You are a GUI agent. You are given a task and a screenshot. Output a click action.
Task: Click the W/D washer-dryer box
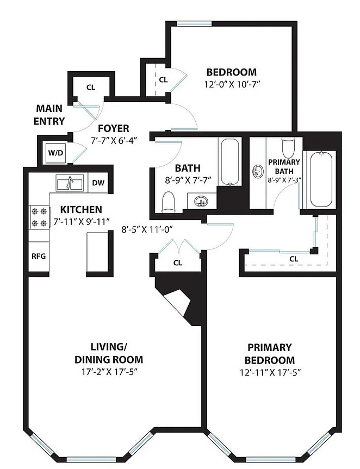coord(55,153)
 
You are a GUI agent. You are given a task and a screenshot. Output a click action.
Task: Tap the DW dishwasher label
coord(98,183)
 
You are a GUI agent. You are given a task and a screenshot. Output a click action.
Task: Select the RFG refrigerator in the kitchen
coord(39,256)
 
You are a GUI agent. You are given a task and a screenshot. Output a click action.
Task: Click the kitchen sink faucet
coord(69,183)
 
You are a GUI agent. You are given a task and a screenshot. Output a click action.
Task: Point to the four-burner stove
coord(40,217)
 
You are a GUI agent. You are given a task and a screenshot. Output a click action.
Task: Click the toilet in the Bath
coord(168,202)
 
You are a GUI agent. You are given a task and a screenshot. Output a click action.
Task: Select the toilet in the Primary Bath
coord(289,147)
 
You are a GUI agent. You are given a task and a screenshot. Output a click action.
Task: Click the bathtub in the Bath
coord(230,162)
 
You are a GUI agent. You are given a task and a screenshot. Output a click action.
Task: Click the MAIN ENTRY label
coord(49,115)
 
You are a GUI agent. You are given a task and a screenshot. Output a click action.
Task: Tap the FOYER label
coord(114,129)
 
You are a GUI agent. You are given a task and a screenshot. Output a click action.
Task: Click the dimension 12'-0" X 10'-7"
coord(231,85)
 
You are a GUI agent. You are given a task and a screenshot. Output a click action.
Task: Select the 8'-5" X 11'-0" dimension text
coord(148,229)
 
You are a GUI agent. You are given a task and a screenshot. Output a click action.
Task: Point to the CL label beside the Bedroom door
coord(163,80)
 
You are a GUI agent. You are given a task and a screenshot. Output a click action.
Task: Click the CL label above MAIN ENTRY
coord(91,87)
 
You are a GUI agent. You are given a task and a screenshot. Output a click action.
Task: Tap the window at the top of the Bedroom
coord(194,24)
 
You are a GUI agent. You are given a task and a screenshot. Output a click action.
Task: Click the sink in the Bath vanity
coord(201,201)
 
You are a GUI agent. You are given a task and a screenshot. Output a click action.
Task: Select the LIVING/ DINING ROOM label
coord(109,353)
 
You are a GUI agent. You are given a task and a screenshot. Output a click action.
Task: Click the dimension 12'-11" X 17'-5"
coord(270,373)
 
